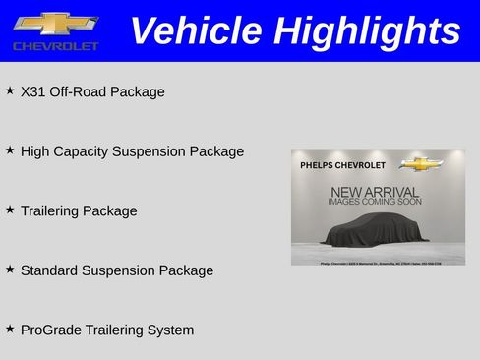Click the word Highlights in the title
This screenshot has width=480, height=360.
[x=366, y=31]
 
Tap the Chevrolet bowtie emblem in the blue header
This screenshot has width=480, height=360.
[x=55, y=24]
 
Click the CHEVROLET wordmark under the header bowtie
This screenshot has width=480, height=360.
[x=56, y=46]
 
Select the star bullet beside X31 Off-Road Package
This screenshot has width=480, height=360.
[x=10, y=90]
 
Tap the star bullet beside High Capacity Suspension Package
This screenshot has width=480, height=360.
[x=10, y=150]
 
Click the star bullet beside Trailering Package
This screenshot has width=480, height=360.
[x=10, y=209]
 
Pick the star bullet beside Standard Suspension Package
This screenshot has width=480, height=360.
[x=10, y=268]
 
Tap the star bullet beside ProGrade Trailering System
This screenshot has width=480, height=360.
[x=10, y=328]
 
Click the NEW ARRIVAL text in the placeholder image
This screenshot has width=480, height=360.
[x=375, y=192]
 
